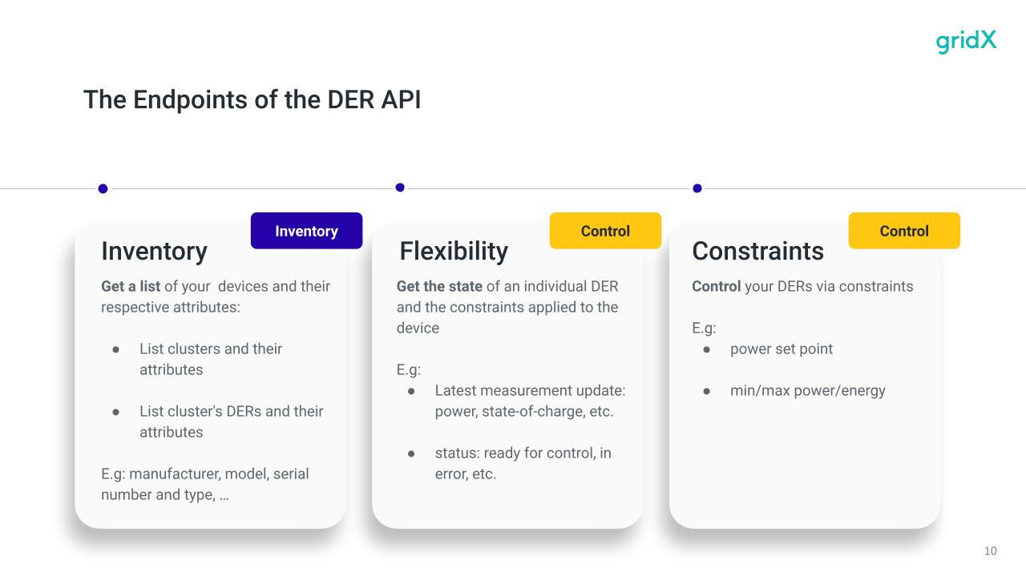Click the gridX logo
pos(966,41)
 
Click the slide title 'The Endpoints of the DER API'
pos(252,99)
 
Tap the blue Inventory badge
pos(306,231)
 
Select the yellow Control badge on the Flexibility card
pos(605,231)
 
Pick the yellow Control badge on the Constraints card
pos(904,231)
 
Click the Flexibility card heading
pos(454,251)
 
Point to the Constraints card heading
pos(757,251)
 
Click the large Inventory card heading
pos(155,252)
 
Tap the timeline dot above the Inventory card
pos(103,188)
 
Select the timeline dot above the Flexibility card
pos(400,188)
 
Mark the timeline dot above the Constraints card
pos(697,188)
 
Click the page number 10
pos(990,551)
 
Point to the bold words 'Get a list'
pos(131,286)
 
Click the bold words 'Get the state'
pos(439,286)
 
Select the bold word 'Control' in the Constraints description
pos(717,286)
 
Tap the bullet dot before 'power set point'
pos(707,350)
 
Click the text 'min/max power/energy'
pos(807,390)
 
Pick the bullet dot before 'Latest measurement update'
pos(411,392)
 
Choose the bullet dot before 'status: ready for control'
pos(411,454)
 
